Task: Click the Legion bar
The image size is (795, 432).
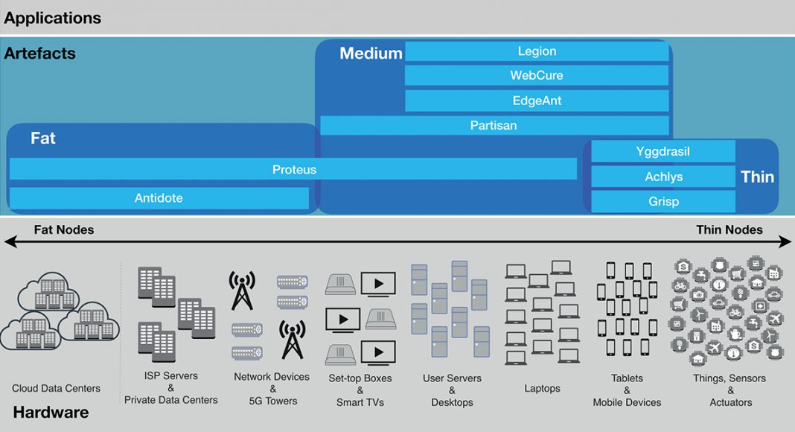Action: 537,51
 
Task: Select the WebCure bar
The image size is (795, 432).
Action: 537,75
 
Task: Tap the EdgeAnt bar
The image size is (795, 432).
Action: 537,101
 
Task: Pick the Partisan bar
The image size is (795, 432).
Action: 494,125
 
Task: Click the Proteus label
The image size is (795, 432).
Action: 294,169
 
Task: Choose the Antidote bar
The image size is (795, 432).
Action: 159,198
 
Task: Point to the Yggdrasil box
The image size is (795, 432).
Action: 663,151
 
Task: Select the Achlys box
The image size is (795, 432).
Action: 663,177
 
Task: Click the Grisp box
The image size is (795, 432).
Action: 663,201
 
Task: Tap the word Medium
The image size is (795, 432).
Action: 371,53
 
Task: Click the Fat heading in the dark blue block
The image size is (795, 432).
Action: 43,138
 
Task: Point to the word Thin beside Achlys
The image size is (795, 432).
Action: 758,177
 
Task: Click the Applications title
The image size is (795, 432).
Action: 53,18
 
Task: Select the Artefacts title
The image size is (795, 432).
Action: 39,53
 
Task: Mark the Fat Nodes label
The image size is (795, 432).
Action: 64,229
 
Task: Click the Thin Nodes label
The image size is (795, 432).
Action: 729,229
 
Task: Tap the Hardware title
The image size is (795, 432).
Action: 51,412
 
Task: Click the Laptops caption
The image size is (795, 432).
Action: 542,388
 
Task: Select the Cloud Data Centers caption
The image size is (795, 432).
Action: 56,388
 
